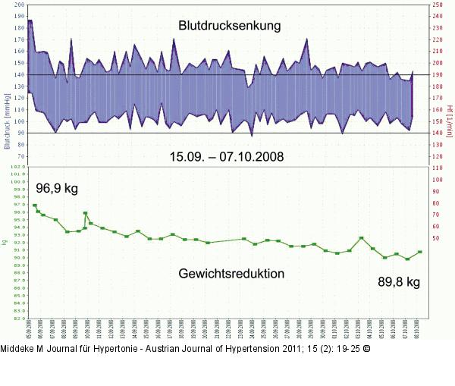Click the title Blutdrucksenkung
[x=230, y=26]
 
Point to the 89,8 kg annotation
[x=399, y=282]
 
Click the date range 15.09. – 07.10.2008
[x=226, y=158]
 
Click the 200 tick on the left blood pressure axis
[x=18, y=5]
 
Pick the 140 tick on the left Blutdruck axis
[x=18, y=75]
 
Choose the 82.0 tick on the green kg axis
[x=17, y=319]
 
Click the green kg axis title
[x=5, y=243]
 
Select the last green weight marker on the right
[x=419, y=252]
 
